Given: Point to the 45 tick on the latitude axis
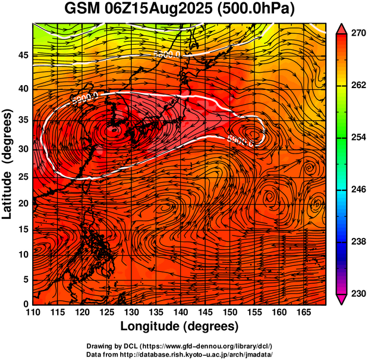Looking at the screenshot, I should [x=23, y=55].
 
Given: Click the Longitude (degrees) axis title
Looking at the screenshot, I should [x=180, y=327].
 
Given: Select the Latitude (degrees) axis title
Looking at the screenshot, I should [x=8, y=164].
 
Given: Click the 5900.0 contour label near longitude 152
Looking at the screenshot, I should [x=241, y=141].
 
